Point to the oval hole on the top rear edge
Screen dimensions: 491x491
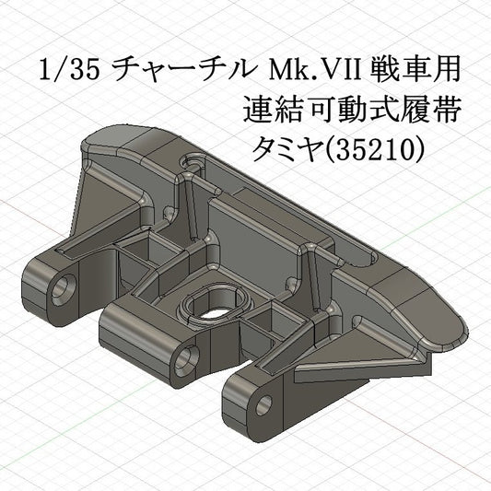[193, 162]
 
